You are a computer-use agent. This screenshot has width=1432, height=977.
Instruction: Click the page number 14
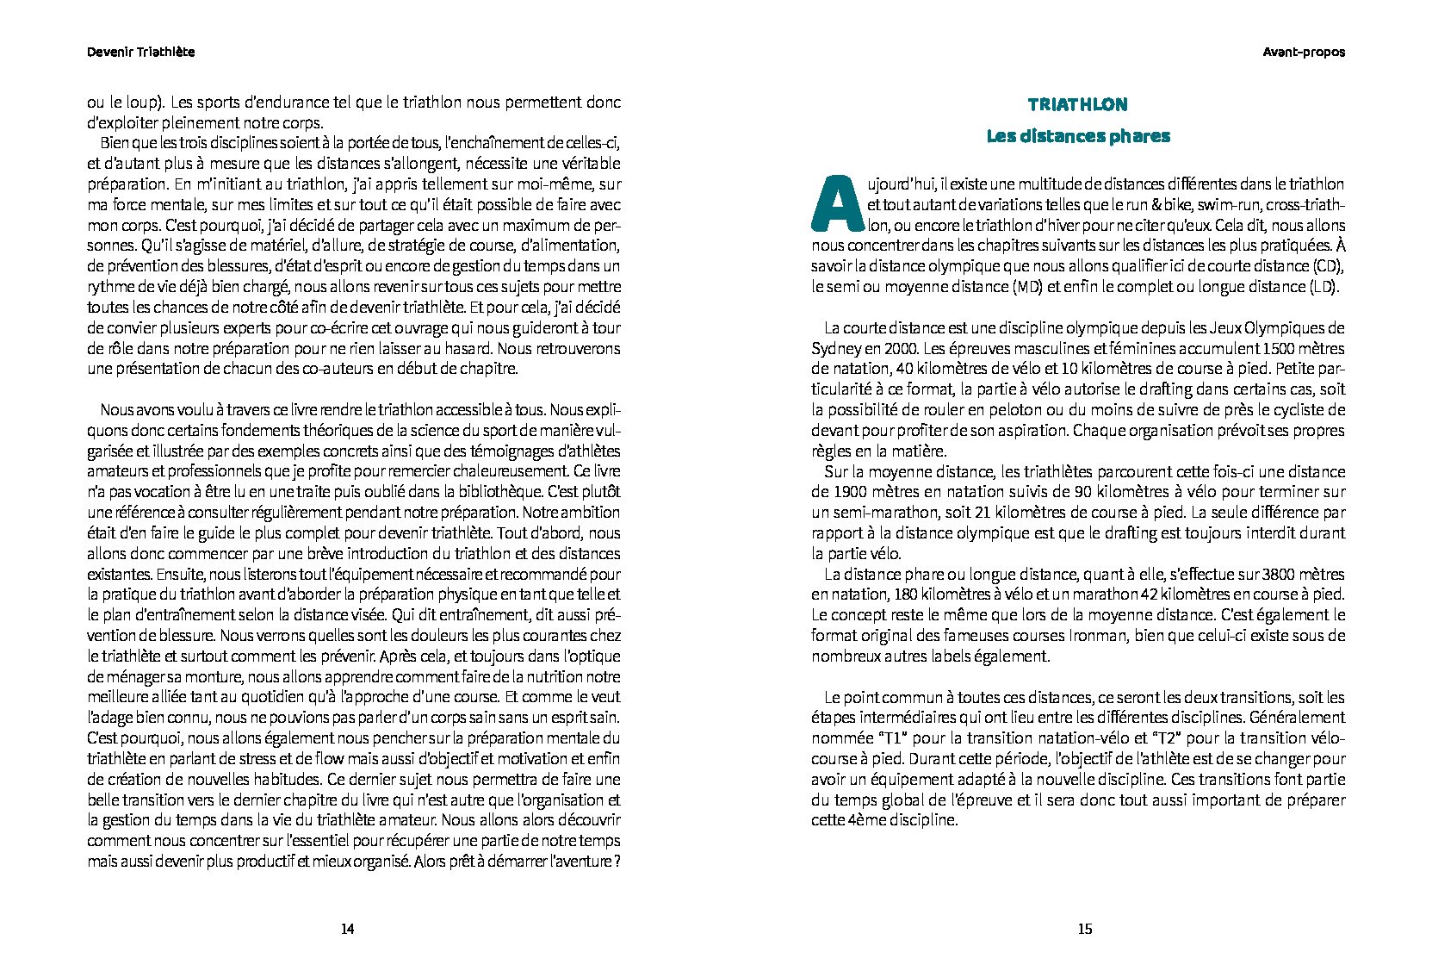347,929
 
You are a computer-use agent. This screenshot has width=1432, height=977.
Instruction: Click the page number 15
1084,929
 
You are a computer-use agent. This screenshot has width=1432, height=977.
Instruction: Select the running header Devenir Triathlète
140,52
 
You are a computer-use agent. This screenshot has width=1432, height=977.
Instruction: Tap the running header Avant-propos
1304,52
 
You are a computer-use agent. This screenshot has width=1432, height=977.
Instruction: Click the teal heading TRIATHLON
1077,104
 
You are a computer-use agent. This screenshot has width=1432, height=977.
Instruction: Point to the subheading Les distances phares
1077,136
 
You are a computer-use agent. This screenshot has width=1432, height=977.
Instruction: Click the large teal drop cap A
836,204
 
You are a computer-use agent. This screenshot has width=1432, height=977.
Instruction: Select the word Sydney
834,349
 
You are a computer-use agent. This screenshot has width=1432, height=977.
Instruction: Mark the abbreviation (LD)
1324,287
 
